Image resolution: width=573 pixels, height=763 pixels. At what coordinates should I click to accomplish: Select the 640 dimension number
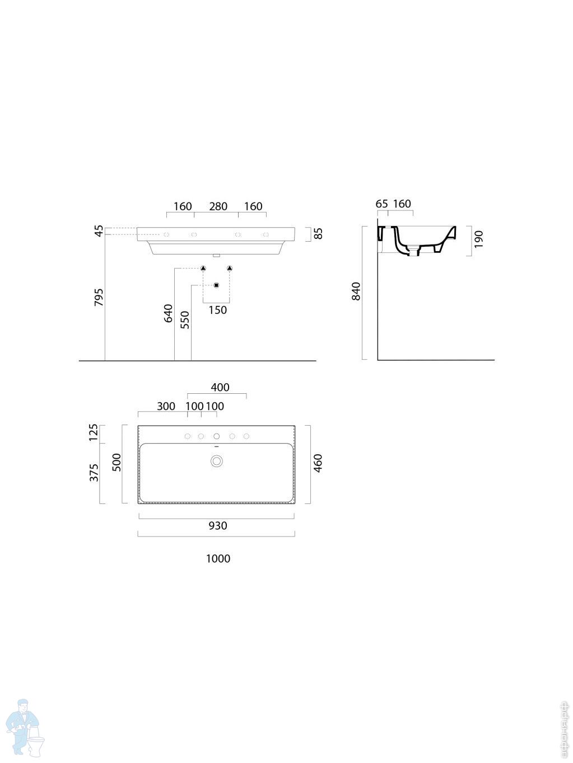click(168, 313)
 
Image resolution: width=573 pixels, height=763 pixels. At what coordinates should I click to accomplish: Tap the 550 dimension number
click(185, 319)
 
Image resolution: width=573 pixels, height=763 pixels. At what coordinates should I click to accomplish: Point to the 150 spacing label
click(217, 310)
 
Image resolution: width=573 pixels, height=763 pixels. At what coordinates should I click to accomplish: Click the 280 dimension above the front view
click(218, 206)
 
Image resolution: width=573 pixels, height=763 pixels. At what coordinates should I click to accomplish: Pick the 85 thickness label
click(318, 233)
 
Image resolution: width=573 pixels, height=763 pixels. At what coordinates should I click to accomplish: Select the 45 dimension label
click(99, 230)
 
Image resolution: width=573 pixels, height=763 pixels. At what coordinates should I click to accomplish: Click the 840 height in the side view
click(356, 291)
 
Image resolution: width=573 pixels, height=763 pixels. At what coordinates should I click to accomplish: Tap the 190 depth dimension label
click(478, 239)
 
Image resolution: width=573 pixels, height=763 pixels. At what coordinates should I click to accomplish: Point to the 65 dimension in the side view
click(381, 204)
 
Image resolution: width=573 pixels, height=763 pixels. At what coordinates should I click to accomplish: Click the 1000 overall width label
click(218, 558)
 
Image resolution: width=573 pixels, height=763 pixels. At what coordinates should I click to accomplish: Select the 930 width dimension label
click(218, 525)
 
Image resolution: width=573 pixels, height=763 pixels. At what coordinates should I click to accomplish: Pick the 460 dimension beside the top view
click(318, 463)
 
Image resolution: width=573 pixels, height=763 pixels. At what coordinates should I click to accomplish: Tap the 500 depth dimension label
click(117, 463)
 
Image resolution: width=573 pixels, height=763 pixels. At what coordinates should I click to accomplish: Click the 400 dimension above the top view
click(220, 387)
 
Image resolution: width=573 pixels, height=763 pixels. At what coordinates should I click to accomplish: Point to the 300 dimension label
click(166, 406)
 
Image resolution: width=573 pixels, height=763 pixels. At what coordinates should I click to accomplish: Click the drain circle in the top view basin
click(216, 461)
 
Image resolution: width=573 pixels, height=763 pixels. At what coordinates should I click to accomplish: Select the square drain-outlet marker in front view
click(216, 286)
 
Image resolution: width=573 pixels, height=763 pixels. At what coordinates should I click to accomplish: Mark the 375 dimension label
click(94, 472)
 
